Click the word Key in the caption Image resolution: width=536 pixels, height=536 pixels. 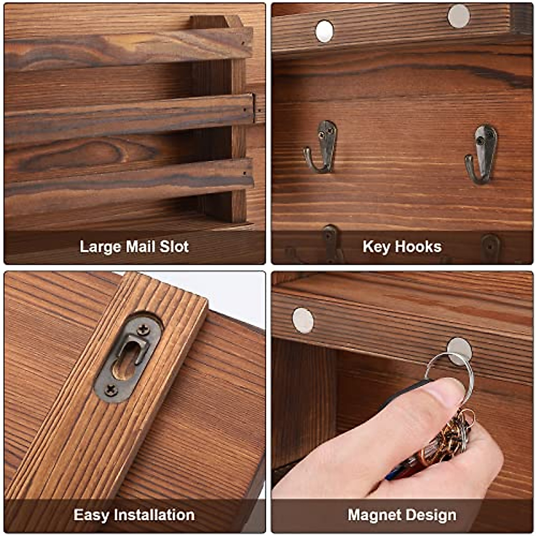coord(375,247)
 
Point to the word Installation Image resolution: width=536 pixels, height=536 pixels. coord(154,515)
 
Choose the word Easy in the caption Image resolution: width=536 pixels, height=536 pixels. coord(92,515)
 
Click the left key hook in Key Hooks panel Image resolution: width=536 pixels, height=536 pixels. coord(323,147)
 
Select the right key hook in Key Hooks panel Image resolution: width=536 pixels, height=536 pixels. coord(482,154)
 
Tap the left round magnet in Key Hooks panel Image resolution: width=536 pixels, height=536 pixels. coord(324,31)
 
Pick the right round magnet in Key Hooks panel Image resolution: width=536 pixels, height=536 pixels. coord(459,16)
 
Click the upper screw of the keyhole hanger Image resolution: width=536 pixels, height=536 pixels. coord(143,330)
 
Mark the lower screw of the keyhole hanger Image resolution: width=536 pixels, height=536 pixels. coord(110,390)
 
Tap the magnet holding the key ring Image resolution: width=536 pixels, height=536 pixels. coord(459,351)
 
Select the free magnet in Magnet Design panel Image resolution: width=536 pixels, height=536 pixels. coord(303,320)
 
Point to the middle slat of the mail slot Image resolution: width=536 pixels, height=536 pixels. coord(130,118)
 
